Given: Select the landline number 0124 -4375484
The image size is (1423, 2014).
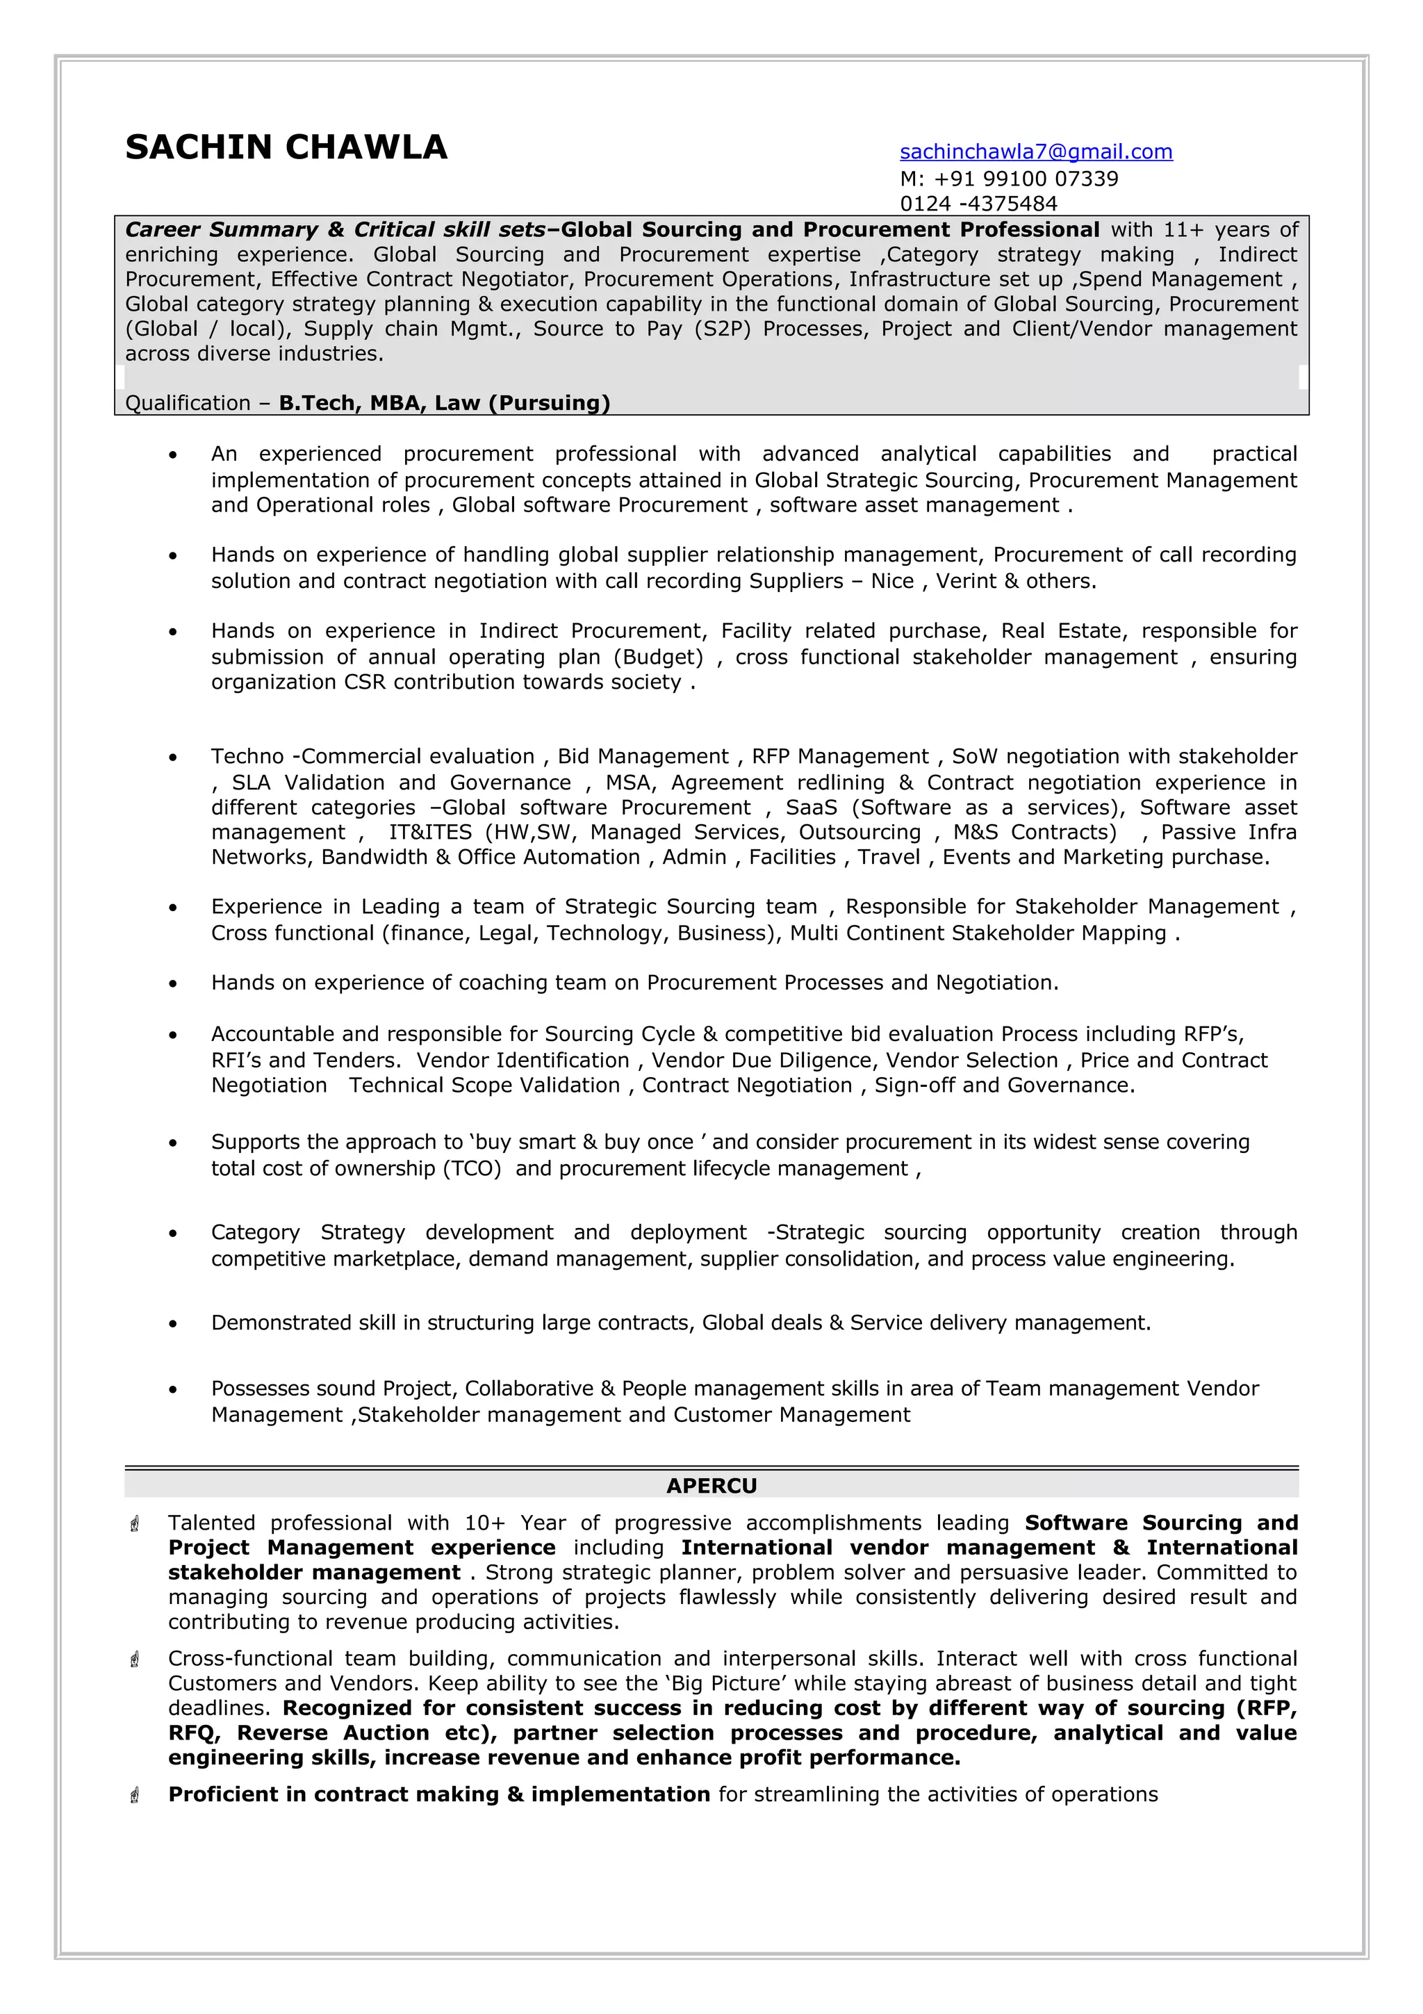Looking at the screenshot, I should (x=978, y=204).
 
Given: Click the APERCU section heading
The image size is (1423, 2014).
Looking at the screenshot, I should (x=711, y=1485).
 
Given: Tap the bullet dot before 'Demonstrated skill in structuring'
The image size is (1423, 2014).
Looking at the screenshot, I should (x=174, y=1324).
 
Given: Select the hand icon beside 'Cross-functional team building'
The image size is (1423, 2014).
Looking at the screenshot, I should (x=135, y=1660).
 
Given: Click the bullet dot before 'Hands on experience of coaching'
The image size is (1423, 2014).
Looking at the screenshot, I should (x=174, y=984).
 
